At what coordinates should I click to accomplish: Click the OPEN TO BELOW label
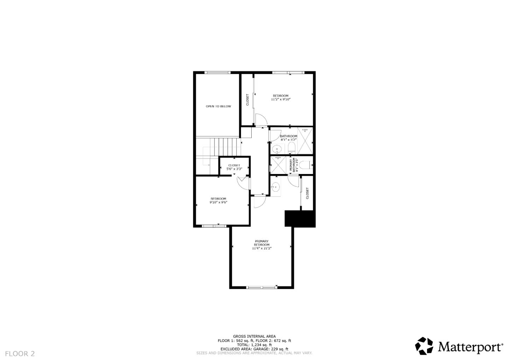[x=218, y=106]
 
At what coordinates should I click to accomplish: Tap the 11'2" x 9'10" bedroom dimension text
[x=281, y=100]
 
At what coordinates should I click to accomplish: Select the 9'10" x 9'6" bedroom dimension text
[x=218, y=203]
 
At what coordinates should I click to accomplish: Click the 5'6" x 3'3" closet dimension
[x=234, y=169]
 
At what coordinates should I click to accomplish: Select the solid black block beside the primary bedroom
[x=300, y=219]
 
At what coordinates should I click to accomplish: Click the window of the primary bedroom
[x=262, y=287]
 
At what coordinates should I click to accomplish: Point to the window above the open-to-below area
[x=218, y=72]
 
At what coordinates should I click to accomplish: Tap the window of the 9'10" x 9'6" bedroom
[x=214, y=225]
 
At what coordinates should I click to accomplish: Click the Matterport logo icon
[x=424, y=346]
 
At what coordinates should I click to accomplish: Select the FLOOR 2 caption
[x=20, y=353]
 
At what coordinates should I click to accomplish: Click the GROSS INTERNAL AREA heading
[x=254, y=336]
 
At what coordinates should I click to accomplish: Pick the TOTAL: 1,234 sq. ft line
[x=254, y=345]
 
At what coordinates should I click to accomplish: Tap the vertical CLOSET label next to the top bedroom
[x=247, y=99]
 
